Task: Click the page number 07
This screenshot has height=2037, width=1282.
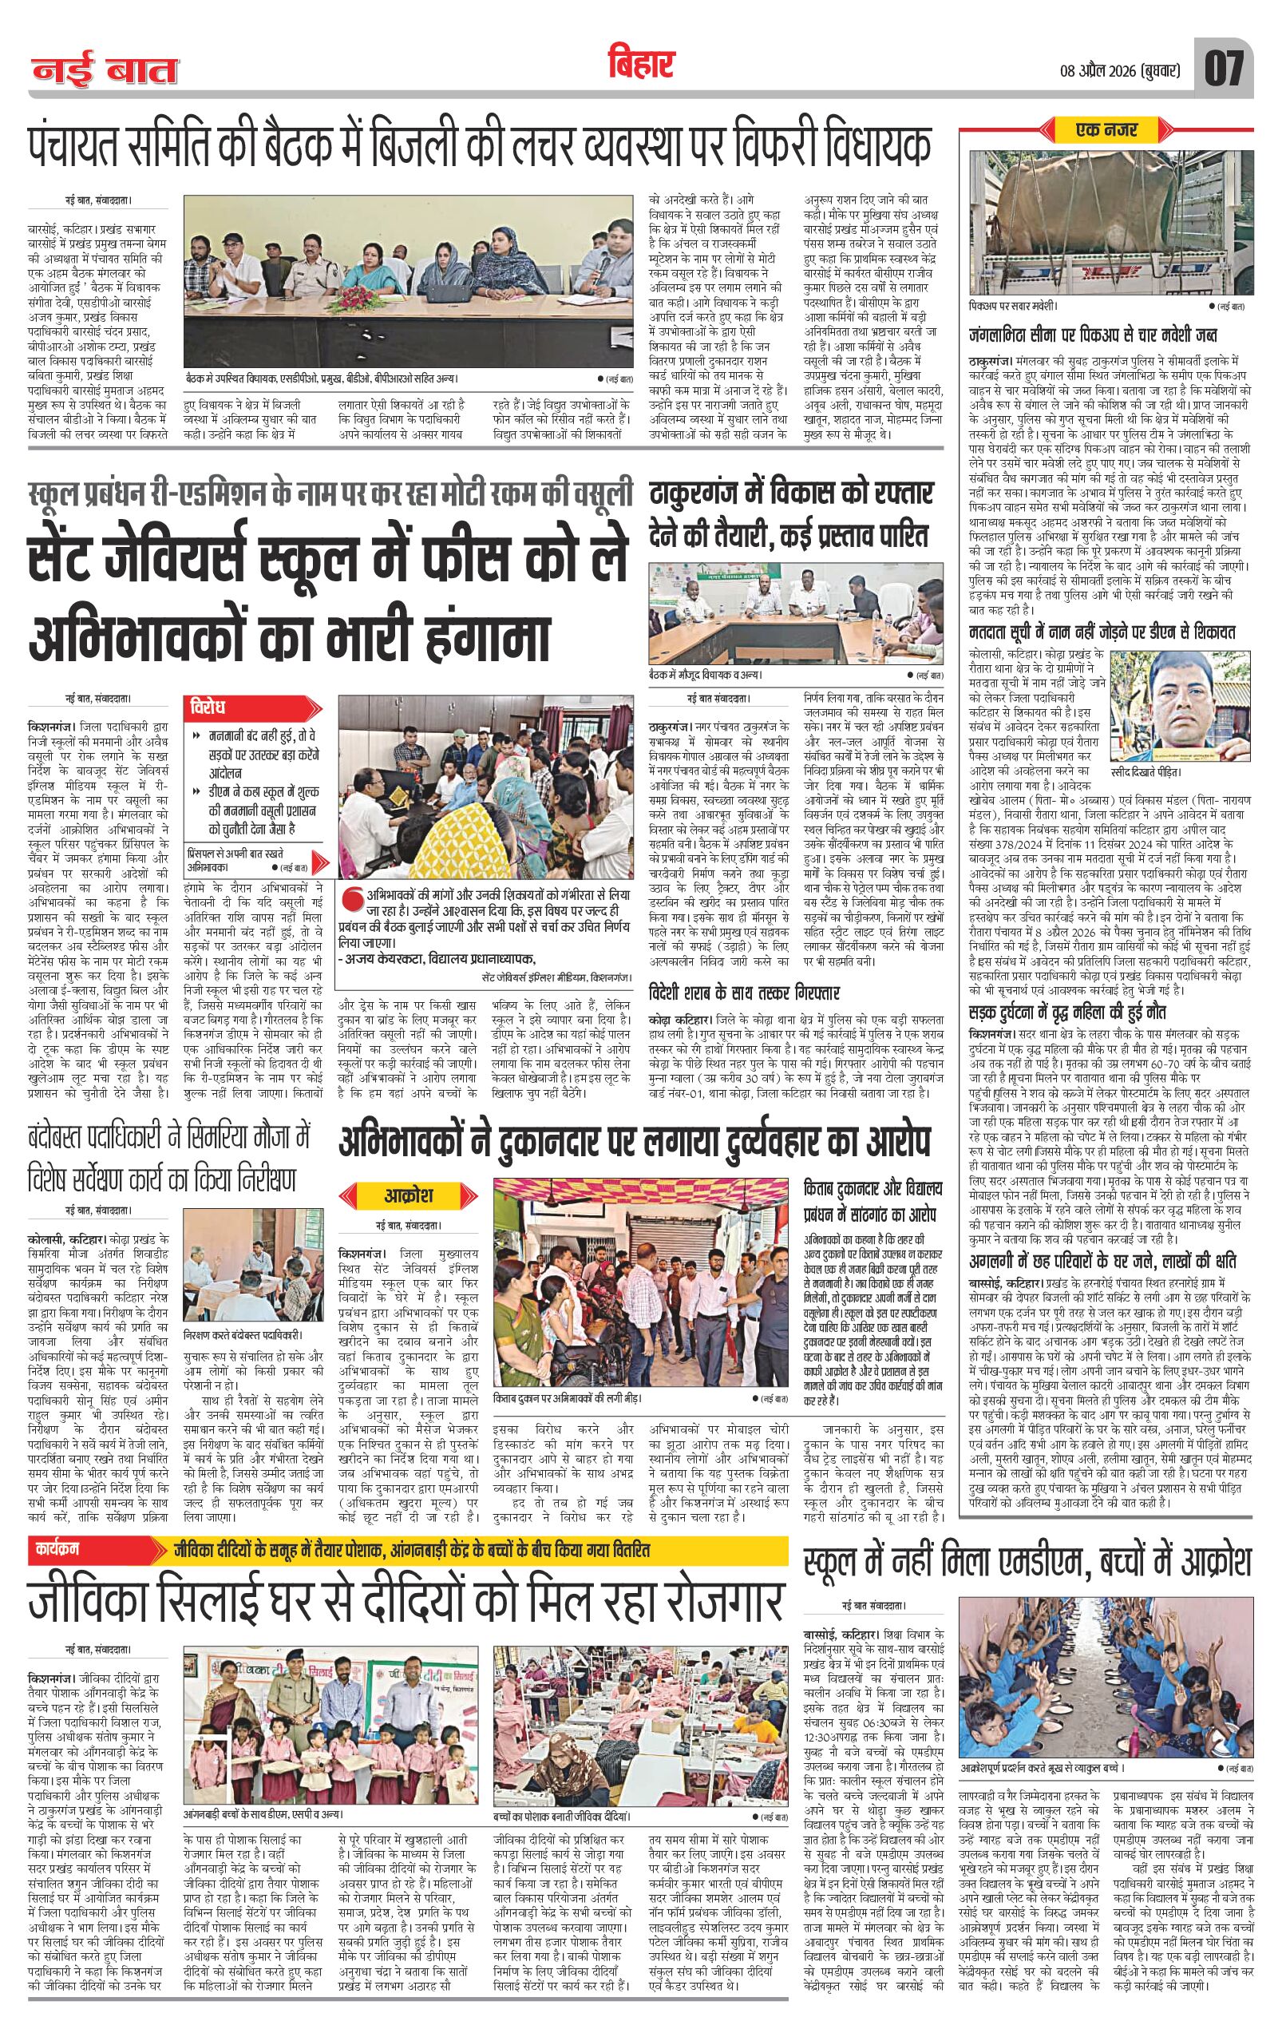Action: pos(1225,69)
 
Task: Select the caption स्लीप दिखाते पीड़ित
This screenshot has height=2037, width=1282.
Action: pos(1150,772)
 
